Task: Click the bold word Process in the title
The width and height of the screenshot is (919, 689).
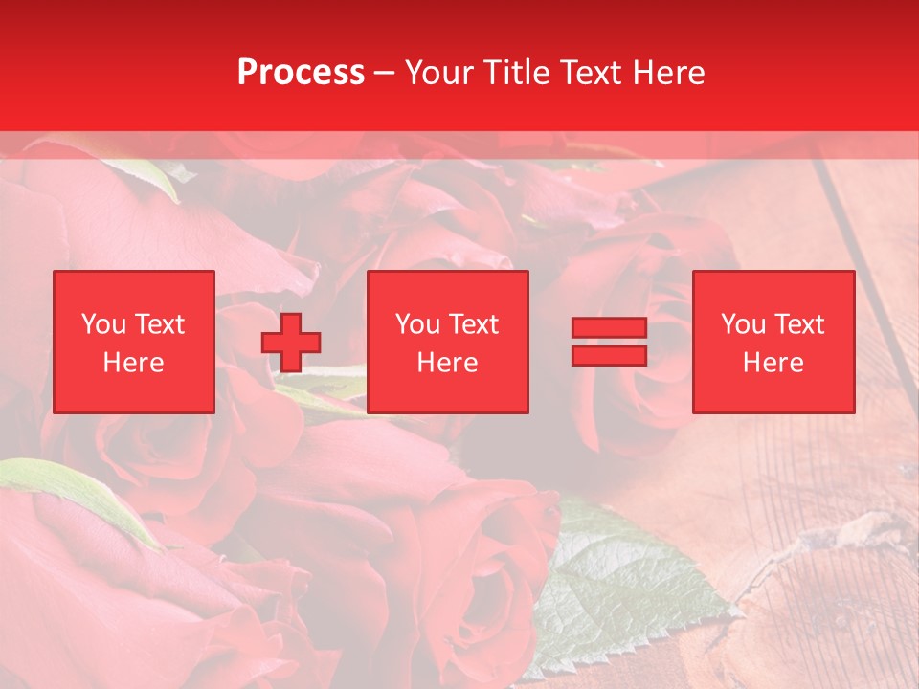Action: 301,73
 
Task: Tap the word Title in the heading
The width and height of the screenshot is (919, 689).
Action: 518,73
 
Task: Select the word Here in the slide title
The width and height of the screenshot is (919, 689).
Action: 666,73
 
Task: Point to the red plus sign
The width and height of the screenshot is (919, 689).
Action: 291,343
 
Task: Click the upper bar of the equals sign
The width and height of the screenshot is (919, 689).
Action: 609,328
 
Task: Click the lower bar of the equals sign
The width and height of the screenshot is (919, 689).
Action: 609,356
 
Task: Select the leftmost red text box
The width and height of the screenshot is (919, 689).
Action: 134,343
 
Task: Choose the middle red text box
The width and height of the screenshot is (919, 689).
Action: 448,343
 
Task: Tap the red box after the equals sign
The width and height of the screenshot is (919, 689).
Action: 773,343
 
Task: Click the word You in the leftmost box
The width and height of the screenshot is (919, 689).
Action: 103,324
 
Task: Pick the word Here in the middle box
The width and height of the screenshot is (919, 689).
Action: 448,363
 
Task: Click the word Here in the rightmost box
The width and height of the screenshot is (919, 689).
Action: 773,363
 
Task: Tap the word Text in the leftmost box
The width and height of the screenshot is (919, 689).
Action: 159,324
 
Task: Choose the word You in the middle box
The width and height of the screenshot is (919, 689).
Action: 417,324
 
